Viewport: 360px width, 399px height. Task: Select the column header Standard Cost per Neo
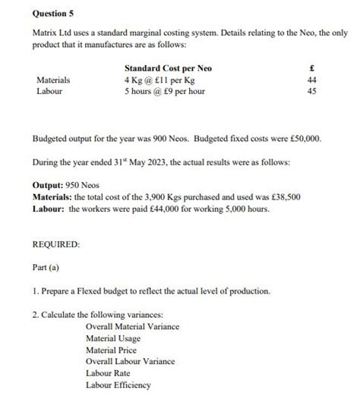pos(168,68)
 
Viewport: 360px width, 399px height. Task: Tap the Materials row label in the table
pos(53,80)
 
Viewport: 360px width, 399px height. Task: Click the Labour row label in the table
pos(49,91)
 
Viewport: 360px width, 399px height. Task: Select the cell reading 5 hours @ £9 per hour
pos(165,91)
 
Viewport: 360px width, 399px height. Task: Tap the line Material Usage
pos(112,338)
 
